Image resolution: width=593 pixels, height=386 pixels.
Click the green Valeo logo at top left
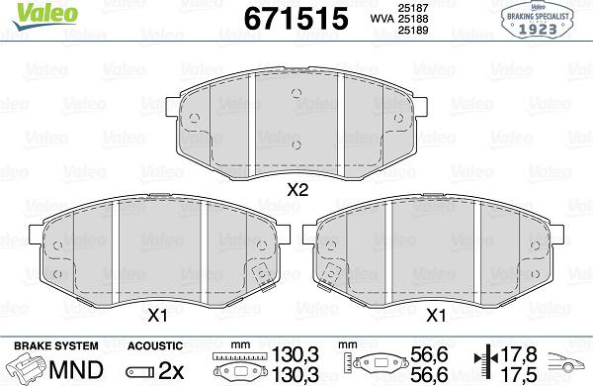coord(45,16)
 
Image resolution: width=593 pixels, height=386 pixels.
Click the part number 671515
coord(296,19)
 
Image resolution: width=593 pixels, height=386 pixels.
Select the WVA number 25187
coord(413,8)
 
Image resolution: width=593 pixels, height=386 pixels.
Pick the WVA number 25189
coord(413,30)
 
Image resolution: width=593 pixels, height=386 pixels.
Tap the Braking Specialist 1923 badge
coord(537,21)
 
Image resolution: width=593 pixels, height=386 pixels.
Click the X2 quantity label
coord(297,190)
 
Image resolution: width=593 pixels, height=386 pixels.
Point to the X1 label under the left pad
coord(157,315)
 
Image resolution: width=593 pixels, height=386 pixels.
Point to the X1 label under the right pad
coord(436,315)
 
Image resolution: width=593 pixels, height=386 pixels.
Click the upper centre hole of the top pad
coord(296,93)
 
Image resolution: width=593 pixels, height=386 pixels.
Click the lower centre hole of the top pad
coord(296,145)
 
